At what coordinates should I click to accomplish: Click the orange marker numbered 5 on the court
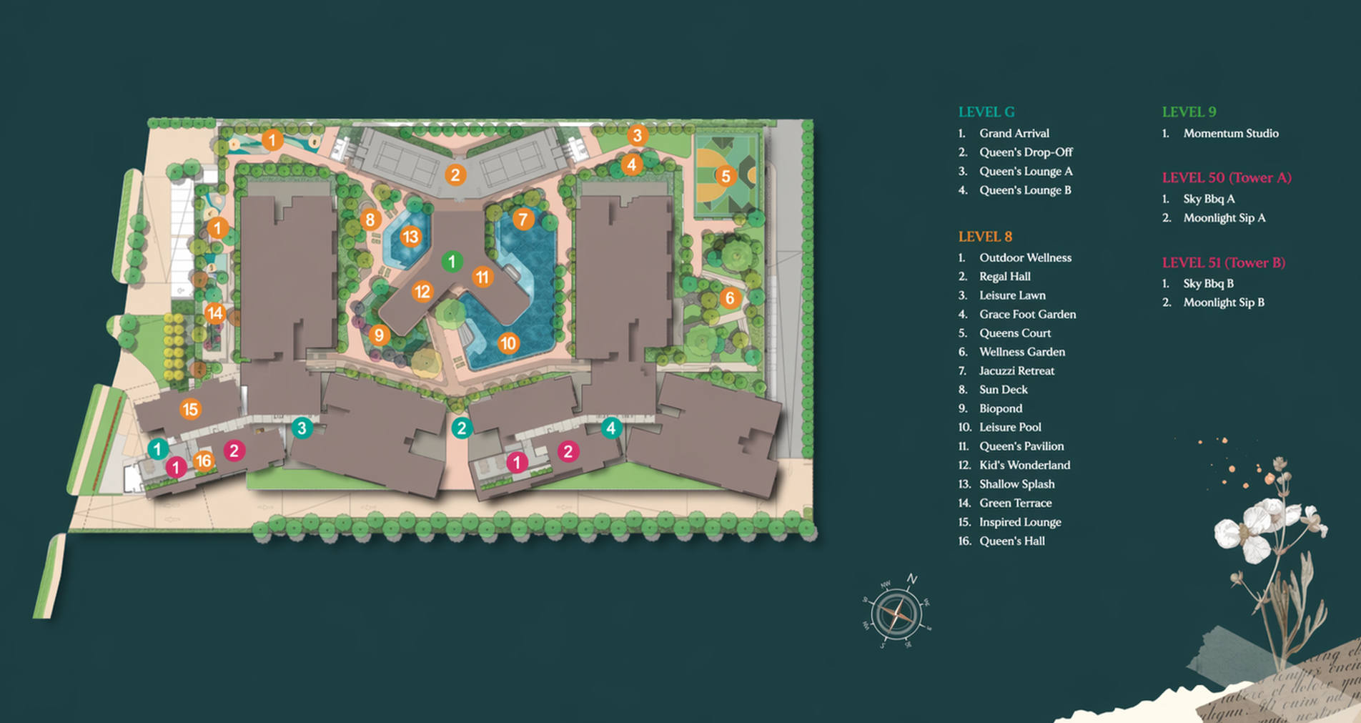click(726, 176)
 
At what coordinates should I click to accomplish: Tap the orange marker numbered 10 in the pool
click(508, 343)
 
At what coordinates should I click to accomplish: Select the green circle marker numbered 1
click(451, 262)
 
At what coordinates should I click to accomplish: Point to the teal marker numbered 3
click(302, 428)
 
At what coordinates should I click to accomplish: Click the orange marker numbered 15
click(189, 409)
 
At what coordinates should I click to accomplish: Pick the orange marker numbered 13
click(410, 237)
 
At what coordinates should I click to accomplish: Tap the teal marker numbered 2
click(462, 428)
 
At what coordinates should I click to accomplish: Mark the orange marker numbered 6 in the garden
click(729, 298)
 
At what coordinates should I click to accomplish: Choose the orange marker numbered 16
click(204, 461)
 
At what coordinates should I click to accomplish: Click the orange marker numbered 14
click(214, 313)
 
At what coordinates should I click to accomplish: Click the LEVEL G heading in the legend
click(986, 112)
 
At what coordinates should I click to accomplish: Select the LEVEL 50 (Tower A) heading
click(1226, 177)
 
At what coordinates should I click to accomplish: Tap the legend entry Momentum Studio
click(1230, 133)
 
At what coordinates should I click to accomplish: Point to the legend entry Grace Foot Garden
click(1026, 314)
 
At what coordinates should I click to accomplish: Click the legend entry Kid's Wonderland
click(1024, 465)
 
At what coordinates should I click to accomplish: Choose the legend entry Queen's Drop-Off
click(1025, 152)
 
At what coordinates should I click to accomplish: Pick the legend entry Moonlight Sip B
click(1223, 303)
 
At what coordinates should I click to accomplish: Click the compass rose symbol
click(896, 614)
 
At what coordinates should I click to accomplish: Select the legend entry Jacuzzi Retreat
click(1016, 370)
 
